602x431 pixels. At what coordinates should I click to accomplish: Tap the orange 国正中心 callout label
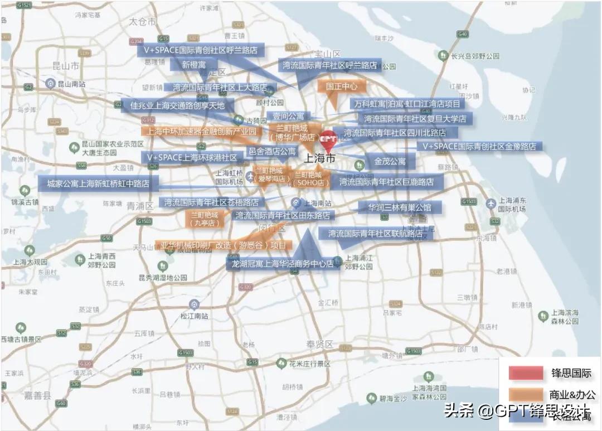342,86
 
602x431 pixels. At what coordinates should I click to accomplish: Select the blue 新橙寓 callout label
193,65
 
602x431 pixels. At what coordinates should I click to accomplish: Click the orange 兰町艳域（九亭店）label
205,218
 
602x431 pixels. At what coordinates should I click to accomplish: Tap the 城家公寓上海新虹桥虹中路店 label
98,183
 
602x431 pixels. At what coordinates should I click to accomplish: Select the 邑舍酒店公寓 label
272,151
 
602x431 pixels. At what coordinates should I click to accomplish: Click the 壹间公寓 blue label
288,117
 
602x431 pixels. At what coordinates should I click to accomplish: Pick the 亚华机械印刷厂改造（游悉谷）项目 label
223,245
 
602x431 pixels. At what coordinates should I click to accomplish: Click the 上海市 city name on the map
322,158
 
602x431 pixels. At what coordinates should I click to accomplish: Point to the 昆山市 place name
65,65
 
